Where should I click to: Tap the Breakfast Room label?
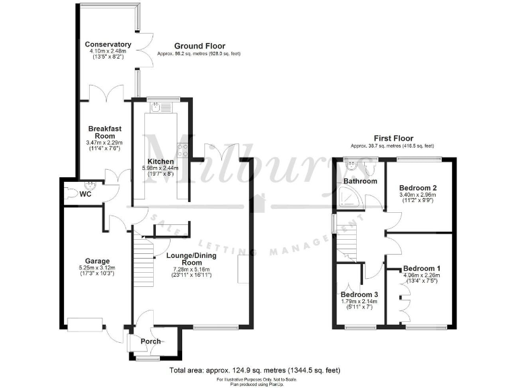click(x=104, y=132)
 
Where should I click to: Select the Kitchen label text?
click(x=161, y=162)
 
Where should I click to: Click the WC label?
click(x=86, y=194)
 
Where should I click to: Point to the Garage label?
click(x=97, y=261)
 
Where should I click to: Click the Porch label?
click(x=150, y=341)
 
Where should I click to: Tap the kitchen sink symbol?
click(x=156, y=106)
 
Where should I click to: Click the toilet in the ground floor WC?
click(x=72, y=193)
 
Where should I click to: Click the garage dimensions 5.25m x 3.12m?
click(x=97, y=268)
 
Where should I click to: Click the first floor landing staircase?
click(x=346, y=238)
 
